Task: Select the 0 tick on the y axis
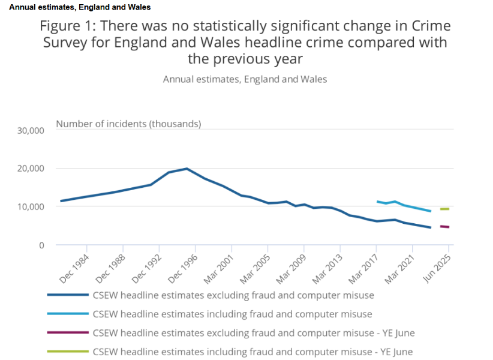[x=42, y=245]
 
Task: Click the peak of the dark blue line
[x=187, y=169]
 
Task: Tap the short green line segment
[x=444, y=209]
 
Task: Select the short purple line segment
[x=444, y=227]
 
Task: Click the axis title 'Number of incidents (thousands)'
[x=128, y=124]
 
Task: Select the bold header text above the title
[x=80, y=7]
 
